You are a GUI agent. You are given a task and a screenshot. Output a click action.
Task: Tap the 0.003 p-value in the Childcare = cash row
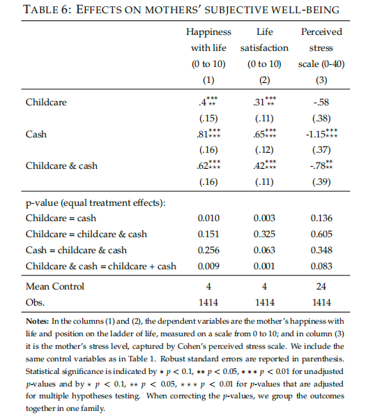tap(264, 218)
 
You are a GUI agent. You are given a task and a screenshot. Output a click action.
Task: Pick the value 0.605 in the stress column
tap(321, 234)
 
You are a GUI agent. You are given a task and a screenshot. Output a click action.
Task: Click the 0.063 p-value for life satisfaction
tap(264, 250)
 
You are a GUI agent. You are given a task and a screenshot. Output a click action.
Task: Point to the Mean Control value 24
tap(321, 286)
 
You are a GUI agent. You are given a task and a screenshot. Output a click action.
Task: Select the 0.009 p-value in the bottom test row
tap(208, 267)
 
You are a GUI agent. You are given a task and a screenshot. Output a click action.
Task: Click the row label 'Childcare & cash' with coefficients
tap(61, 166)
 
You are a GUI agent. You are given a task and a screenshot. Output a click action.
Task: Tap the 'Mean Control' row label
tap(55, 286)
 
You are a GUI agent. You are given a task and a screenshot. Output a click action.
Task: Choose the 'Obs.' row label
tap(35, 302)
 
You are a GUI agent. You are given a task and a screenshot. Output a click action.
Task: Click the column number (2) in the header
tap(264, 80)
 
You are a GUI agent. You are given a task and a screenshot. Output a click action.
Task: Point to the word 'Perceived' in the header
tap(321, 32)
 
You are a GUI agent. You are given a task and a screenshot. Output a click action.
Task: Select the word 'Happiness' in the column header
tap(208, 32)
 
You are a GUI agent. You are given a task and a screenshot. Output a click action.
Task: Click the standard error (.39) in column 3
tap(321, 182)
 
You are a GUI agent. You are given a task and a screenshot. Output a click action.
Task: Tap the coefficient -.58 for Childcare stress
tap(321, 102)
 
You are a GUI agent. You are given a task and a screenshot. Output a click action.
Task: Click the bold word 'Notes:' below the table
tap(37, 321)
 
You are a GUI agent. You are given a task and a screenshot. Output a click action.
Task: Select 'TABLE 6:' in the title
tap(47, 9)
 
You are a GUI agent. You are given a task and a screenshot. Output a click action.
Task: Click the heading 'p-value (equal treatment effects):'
tap(95, 203)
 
